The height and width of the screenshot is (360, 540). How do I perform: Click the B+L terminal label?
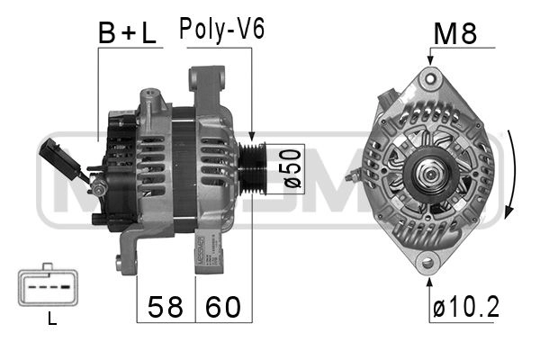[127, 32]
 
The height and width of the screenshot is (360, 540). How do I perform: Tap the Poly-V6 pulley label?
[222, 29]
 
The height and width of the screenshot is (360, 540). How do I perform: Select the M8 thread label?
[454, 33]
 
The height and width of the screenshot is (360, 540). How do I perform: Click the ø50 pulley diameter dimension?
[292, 168]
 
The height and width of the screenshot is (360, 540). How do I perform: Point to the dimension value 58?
[166, 307]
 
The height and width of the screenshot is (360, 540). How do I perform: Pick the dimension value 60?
[223, 307]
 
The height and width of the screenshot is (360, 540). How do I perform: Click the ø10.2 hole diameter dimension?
[466, 307]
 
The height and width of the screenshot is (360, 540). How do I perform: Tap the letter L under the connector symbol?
[52, 319]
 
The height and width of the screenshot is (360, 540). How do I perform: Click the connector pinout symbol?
[48, 285]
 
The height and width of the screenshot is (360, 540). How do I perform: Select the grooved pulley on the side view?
[252, 168]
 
